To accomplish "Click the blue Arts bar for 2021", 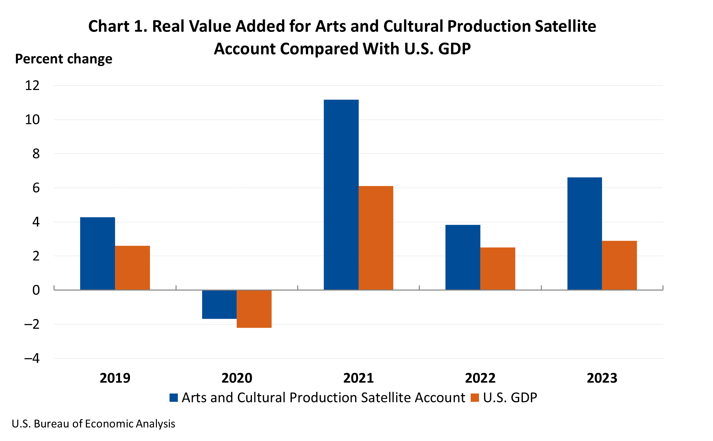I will [341, 195].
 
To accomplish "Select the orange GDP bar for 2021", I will [376, 238].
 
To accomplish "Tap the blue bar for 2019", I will [97, 253].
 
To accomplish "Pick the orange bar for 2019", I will [132, 268].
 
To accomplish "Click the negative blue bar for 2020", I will [219, 305].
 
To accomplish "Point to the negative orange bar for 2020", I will [254, 309].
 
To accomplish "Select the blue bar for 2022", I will [463, 257].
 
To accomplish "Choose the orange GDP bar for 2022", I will [498, 268].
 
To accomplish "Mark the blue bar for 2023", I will [584, 233].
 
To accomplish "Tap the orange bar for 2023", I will [619, 265].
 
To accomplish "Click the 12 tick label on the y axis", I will [32, 86].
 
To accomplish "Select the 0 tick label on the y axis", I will [36, 290].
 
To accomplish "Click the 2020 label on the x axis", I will [237, 378].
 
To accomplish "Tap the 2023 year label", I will [602, 378].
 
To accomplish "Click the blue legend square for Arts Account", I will [174, 397].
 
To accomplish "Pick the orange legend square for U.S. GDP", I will [475, 397].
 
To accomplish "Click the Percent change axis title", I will [63, 59].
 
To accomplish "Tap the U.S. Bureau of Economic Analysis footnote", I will [93, 424].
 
